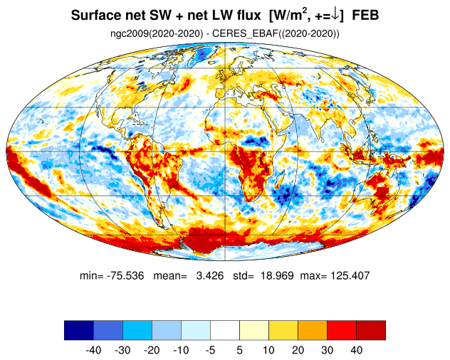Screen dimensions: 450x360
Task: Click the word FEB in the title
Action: tap(365, 16)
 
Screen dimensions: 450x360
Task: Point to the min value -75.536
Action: tap(125, 275)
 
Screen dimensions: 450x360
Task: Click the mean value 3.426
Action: tap(210, 275)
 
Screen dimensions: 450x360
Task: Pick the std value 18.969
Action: tap(277, 275)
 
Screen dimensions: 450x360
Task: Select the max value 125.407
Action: tap(350, 275)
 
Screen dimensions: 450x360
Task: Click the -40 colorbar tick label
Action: tap(93, 350)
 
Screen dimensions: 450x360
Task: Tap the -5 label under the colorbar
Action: tap(210, 350)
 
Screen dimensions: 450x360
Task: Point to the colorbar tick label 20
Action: tap(298, 350)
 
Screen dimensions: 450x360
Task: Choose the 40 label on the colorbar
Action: tap(357, 350)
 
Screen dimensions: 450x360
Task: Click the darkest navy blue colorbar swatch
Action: tap(79, 330)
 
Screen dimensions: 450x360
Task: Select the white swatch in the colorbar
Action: tap(225, 330)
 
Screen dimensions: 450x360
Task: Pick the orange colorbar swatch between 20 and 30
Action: tap(313, 330)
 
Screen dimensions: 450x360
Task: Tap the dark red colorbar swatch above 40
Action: tap(371, 330)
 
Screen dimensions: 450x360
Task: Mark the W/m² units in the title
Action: tap(291, 16)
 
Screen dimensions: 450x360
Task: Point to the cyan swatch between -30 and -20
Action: tap(137, 330)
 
